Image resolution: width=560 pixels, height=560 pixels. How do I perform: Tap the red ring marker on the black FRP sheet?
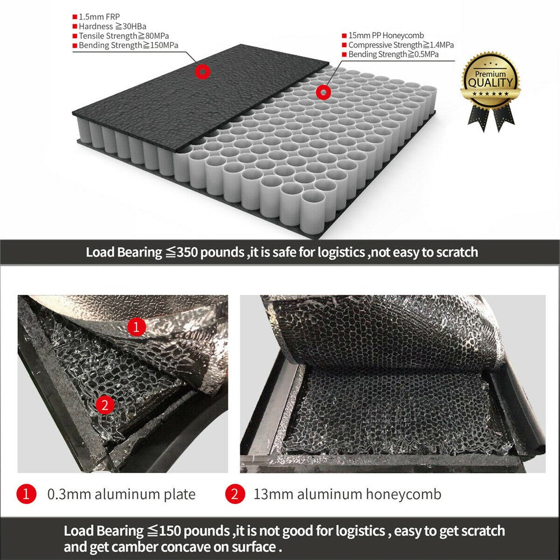coord(202,71)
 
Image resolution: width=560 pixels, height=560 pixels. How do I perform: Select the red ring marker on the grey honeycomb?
coord(323,92)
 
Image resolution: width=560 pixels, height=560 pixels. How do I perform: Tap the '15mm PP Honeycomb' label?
coord(386,35)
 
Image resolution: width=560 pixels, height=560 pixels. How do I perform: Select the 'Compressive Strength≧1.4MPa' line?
coord(400,45)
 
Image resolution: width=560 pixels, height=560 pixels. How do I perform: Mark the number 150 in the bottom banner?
coord(169,531)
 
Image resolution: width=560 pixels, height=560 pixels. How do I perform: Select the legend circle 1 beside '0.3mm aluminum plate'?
coord(26,494)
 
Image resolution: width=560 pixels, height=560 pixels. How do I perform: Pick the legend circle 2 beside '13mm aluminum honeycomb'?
coord(235,494)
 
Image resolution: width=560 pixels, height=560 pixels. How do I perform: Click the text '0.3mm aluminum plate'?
coord(122,494)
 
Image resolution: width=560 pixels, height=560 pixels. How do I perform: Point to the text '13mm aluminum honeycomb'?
coord(347,494)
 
